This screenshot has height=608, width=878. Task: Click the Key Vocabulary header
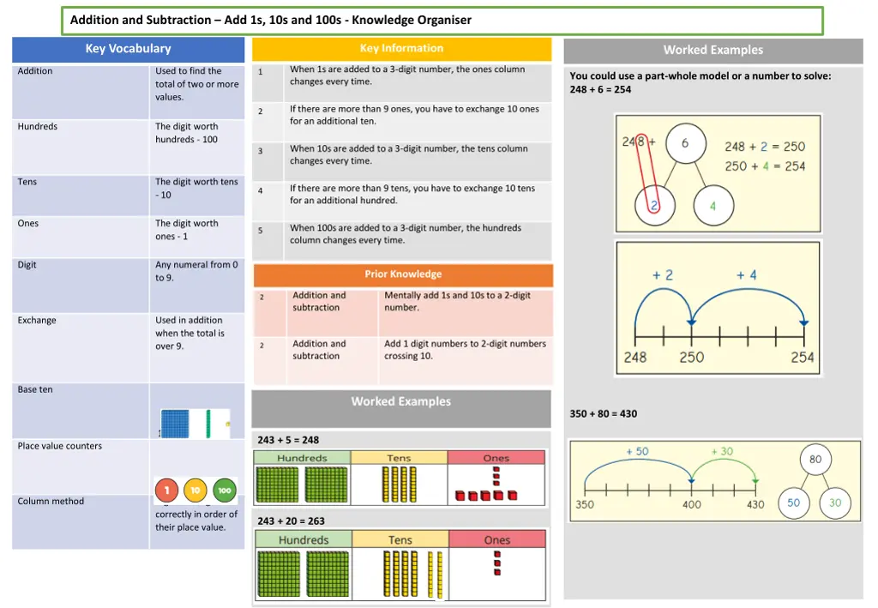pyautogui.click(x=128, y=49)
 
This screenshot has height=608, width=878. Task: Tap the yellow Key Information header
pyautogui.click(x=401, y=49)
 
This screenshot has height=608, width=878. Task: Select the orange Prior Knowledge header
pyautogui.click(x=403, y=274)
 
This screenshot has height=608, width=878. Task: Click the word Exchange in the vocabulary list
pyautogui.click(x=37, y=321)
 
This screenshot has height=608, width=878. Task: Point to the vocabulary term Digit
pyautogui.click(x=27, y=265)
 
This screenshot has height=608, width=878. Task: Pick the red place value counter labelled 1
pyautogui.click(x=166, y=491)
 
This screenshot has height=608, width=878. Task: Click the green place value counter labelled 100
pyautogui.click(x=225, y=491)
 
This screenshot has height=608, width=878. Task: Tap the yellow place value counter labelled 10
pyautogui.click(x=195, y=491)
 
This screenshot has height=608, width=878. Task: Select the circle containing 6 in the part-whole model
pyautogui.click(x=685, y=144)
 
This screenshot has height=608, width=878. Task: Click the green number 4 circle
pyautogui.click(x=713, y=207)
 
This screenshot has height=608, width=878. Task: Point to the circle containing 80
pyautogui.click(x=815, y=460)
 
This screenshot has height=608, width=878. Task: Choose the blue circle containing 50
pyautogui.click(x=793, y=503)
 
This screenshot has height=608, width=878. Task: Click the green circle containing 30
pyautogui.click(x=835, y=503)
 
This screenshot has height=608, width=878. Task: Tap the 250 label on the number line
pyautogui.click(x=691, y=358)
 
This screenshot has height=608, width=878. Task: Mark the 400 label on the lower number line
pyautogui.click(x=692, y=505)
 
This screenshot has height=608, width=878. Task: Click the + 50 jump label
pyautogui.click(x=637, y=451)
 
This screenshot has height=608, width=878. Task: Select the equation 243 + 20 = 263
pyautogui.click(x=291, y=521)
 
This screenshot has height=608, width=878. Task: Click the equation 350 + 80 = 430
pyautogui.click(x=603, y=414)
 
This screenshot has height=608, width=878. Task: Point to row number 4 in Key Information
pyautogui.click(x=261, y=190)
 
